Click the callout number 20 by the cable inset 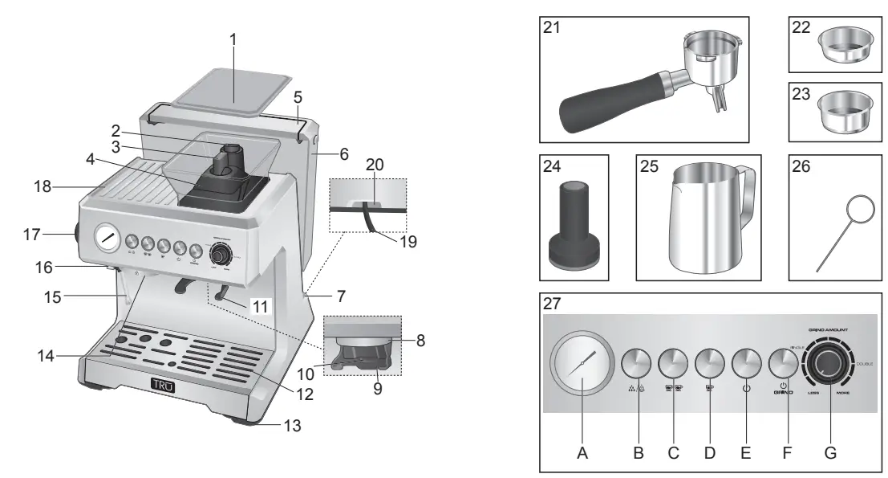pyautogui.click(x=375, y=163)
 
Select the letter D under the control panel pyautogui.click(x=709, y=453)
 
